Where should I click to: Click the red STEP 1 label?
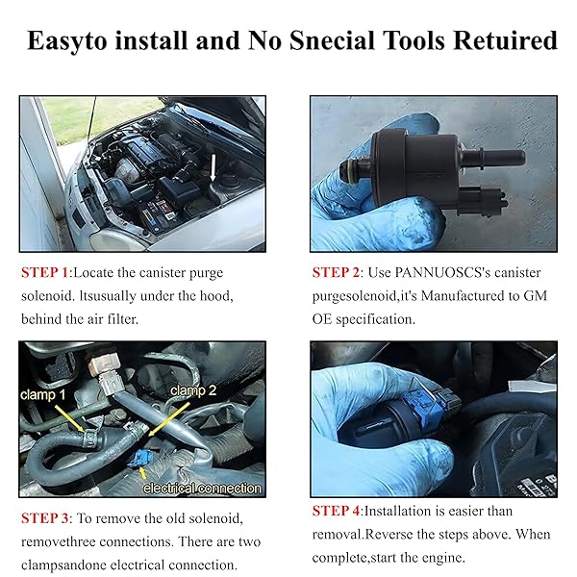pyautogui.click(x=45, y=273)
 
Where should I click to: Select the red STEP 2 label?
pyautogui.click(x=336, y=273)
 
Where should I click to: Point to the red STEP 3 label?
pyautogui.click(x=45, y=518)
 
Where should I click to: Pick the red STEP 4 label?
pyautogui.click(x=336, y=511)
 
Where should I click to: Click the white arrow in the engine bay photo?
pyautogui.click(x=213, y=167)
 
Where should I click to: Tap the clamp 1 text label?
pyautogui.click(x=43, y=395)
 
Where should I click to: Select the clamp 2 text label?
pyautogui.click(x=193, y=390)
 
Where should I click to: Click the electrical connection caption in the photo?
pyautogui.click(x=202, y=488)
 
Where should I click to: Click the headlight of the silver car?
pyautogui.click(x=107, y=241)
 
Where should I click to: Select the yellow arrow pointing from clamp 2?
pyautogui.click(x=169, y=418)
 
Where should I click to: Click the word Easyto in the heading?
pyautogui.click(x=67, y=40)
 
